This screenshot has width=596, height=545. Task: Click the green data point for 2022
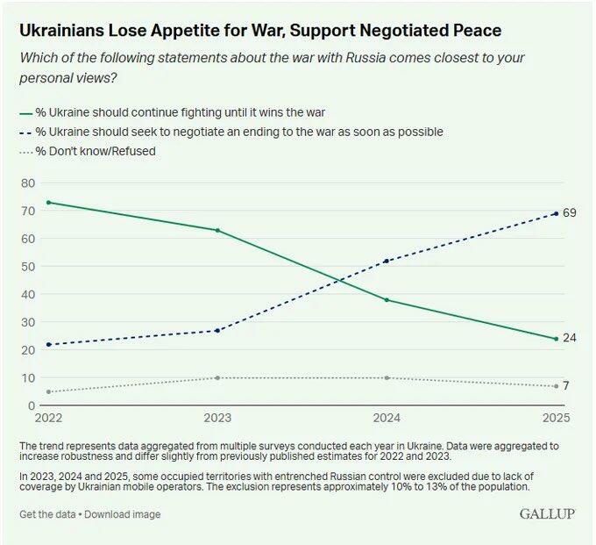tap(48, 203)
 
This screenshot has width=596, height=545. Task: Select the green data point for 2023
tap(217, 231)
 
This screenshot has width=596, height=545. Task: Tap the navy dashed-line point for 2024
tap(387, 261)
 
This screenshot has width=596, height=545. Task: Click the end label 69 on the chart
tap(570, 213)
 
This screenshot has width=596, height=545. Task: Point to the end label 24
tap(570, 339)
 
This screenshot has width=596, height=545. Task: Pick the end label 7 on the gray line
tap(567, 386)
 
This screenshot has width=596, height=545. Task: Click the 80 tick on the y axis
tap(27, 183)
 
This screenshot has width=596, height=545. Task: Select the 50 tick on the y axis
tap(27, 266)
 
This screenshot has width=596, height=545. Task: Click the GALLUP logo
tap(547, 513)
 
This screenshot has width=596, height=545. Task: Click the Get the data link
tap(49, 514)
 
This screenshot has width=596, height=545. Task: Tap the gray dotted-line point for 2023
tap(217, 377)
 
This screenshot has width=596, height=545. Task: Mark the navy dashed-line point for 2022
tap(48, 344)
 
